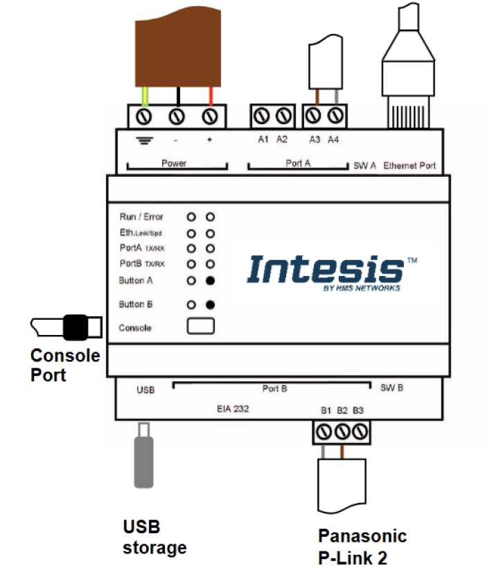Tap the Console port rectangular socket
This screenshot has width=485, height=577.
point(200,327)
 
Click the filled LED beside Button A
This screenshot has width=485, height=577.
point(210,281)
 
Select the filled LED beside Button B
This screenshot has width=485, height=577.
point(210,304)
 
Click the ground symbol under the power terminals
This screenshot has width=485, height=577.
point(145,140)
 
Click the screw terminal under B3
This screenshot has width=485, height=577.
point(358,433)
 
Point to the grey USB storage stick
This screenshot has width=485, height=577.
point(143,461)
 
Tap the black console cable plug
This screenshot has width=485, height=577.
point(76,327)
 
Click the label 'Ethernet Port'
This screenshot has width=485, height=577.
point(409,166)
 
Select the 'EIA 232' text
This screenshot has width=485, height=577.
point(233,410)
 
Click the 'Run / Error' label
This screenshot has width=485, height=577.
point(141,217)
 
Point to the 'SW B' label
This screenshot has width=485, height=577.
point(391,388)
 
